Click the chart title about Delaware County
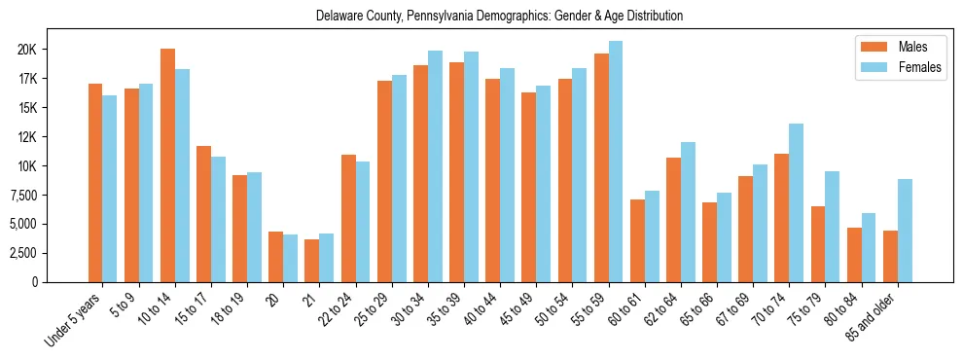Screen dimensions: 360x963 tap(499, 17)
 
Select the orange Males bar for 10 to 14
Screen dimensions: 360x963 tap(167, 165)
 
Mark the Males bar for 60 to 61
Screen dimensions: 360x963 tap(637, 240)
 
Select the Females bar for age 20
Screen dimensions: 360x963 tap(290, 258)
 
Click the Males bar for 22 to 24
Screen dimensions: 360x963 tap(348, 219)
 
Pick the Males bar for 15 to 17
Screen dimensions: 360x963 tap(203, 214)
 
